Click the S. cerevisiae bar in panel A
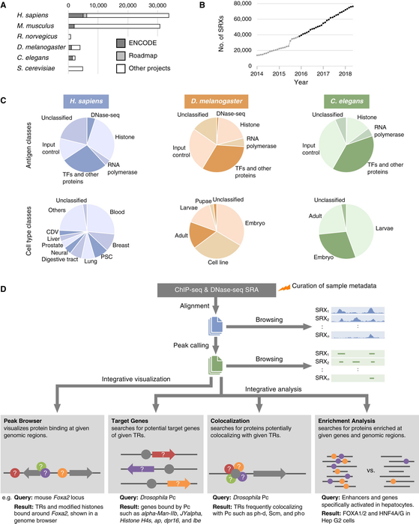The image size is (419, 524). (x=76, y=69)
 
